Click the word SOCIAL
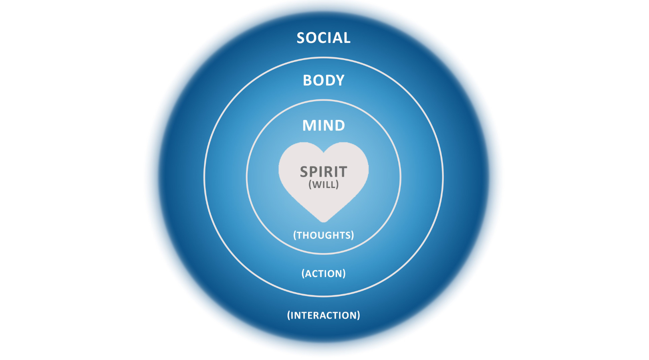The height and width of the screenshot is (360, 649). click(x=323, y=38)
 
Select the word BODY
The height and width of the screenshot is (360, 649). click(x=323, y=80)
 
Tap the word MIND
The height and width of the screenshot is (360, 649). click(x=323, y=125)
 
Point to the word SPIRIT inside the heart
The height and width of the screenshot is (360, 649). click(x=323, y=172)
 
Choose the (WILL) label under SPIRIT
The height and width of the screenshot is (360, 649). click(x=323, y=184)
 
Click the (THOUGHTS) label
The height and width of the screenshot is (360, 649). click(x=323, y=235)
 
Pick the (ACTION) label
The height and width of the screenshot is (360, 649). click(x=323, y=273)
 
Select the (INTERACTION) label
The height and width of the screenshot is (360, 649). click(x=323, y=315)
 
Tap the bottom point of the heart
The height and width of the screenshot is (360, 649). click(x=323, y=220)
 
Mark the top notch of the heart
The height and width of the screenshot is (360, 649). click(x=323, y=151)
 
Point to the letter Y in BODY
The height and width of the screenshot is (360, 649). click(x=340, y=80)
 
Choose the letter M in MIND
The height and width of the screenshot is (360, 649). click(x=309, y=125)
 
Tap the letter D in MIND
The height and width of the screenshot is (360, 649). click(x=339, y=125)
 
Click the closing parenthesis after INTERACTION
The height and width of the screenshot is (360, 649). click(x=358, y=315)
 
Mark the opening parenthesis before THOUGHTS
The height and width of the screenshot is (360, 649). click(x=295, y=235)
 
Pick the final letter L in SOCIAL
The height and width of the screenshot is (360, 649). click(x=347, y=38)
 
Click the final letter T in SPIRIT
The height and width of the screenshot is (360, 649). click(x=343, y=172)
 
